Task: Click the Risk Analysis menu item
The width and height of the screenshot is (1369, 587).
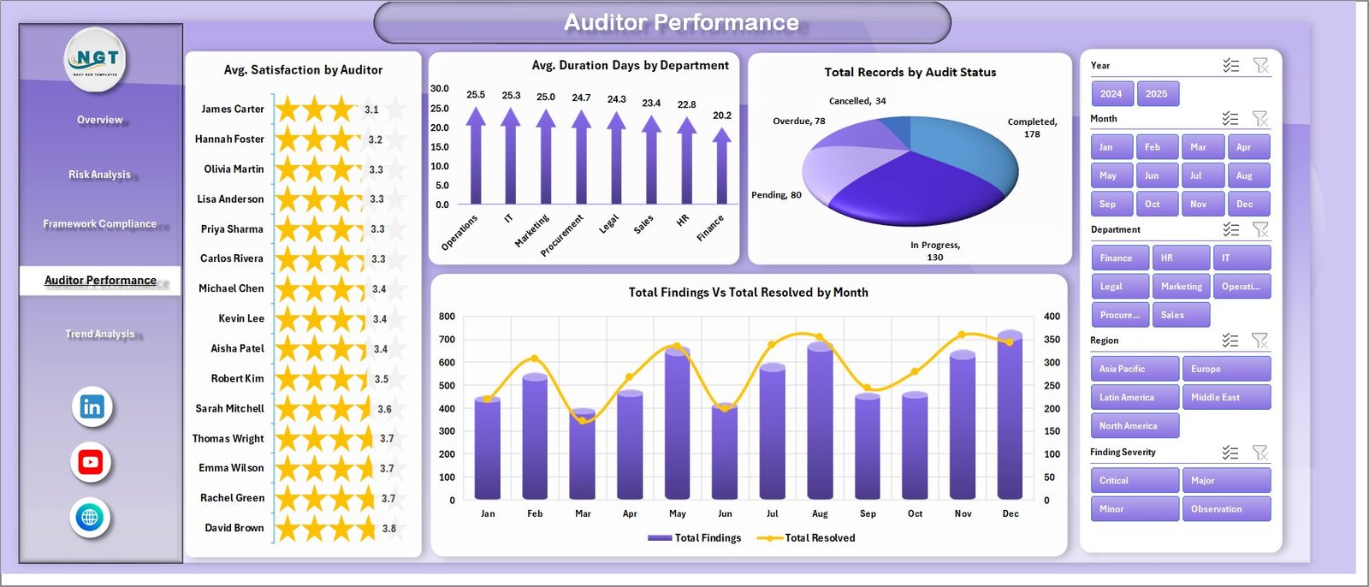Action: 99,175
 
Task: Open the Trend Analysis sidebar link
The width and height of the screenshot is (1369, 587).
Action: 99,334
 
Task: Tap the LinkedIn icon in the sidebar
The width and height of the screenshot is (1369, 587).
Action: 92,407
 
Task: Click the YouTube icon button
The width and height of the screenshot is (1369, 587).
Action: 91,463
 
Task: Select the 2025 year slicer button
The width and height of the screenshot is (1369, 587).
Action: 1156,94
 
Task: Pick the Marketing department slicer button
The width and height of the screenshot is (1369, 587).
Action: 1181,287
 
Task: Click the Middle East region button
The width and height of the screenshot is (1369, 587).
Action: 1225,397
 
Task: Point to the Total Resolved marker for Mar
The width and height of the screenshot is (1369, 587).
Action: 583,420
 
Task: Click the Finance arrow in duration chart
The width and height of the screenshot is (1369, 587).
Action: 721,167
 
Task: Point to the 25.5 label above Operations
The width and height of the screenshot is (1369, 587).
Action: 476,95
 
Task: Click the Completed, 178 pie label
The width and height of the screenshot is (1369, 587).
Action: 1032,127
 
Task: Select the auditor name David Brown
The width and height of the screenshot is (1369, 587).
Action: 234,528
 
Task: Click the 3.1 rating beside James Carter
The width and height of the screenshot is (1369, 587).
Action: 371,110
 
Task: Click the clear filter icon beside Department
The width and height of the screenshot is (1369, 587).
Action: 1259,229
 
